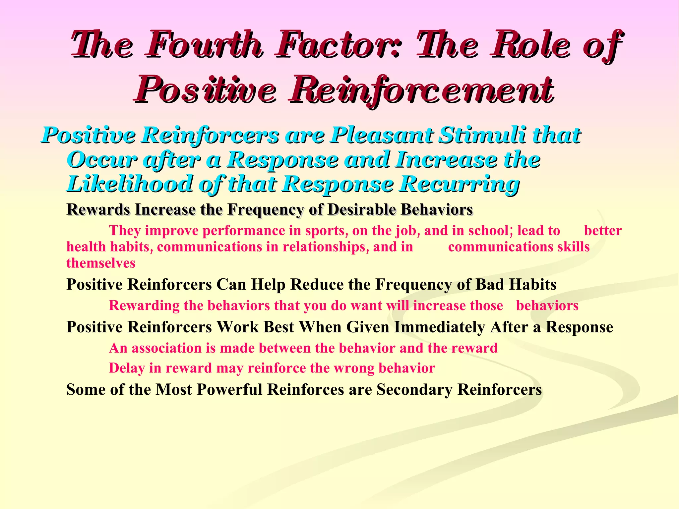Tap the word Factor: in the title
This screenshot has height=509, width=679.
[338, 45]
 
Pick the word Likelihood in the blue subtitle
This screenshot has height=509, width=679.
[129, 184]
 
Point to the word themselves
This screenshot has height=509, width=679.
[101, 263]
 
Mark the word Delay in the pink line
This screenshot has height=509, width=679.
[127, 368]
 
